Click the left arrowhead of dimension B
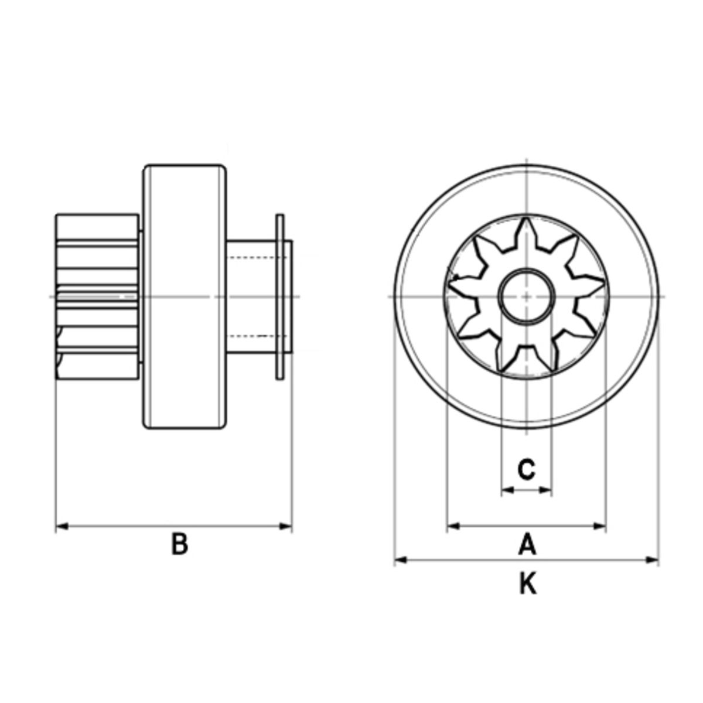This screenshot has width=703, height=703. click(62, 527)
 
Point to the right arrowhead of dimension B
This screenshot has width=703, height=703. click(286, 527)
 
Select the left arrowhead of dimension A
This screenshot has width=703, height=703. click(453, 526)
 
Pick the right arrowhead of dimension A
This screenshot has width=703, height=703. click(600, 526)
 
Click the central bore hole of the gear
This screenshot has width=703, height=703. click(527, 296)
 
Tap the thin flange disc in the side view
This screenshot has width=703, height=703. click(280, 296)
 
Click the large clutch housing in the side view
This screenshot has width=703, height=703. click(185, 296)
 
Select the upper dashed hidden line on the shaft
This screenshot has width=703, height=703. click(258, 258)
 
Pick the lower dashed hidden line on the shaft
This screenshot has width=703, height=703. click(258, 336)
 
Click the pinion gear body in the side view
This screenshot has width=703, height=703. click(98, 296)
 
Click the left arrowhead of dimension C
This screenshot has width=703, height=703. click(508, 490)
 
